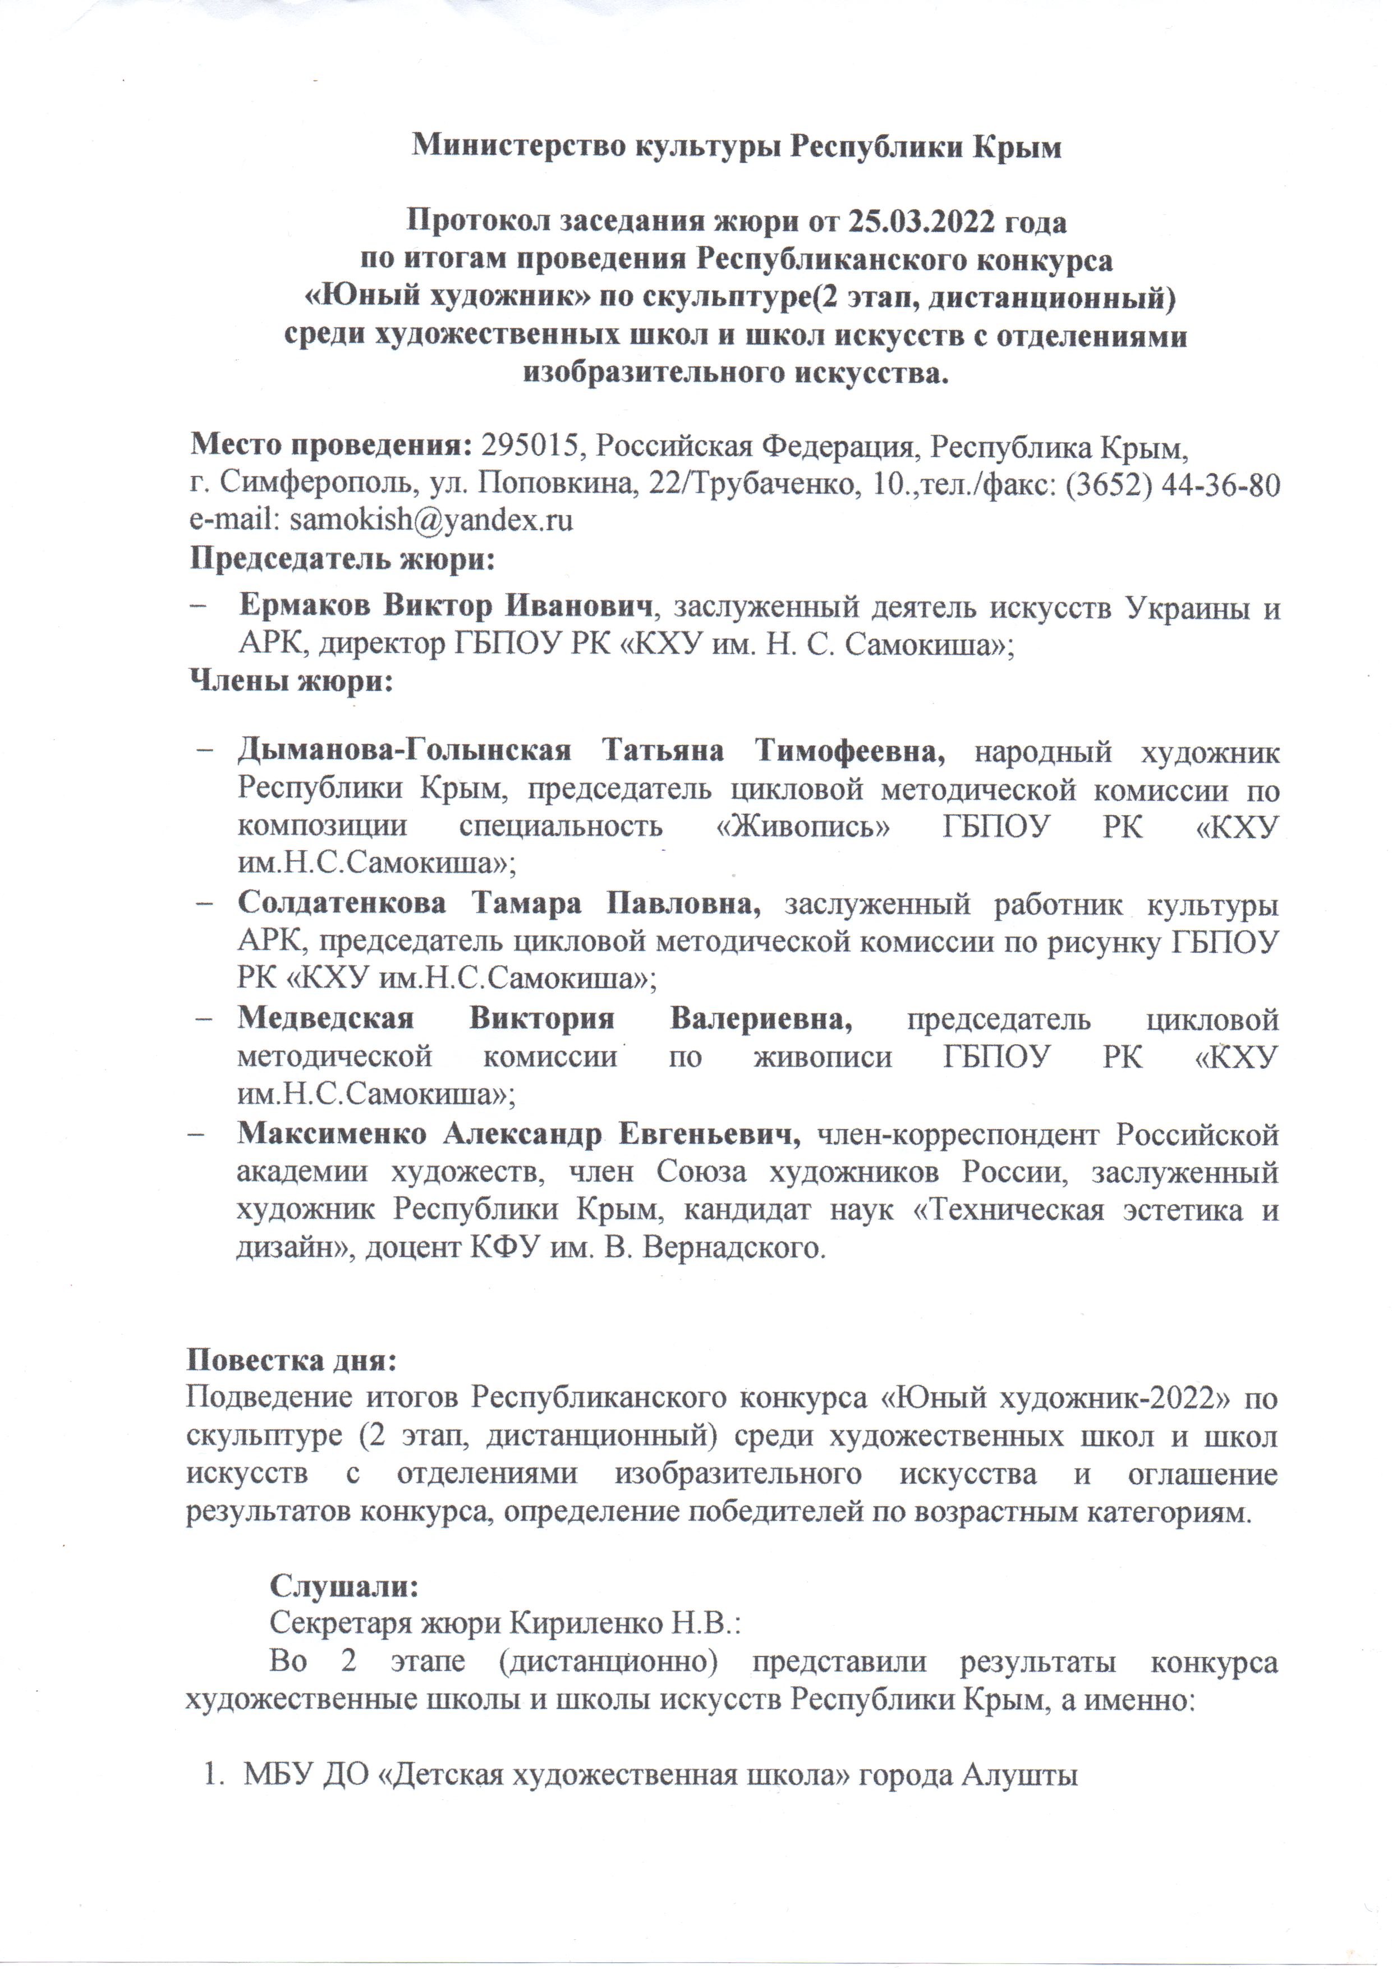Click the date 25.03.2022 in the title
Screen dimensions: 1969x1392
(921, 223)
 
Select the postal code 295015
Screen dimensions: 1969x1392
(530, 447)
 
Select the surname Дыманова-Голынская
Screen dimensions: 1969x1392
(404, 751)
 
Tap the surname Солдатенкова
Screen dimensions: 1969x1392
(341, 904)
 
